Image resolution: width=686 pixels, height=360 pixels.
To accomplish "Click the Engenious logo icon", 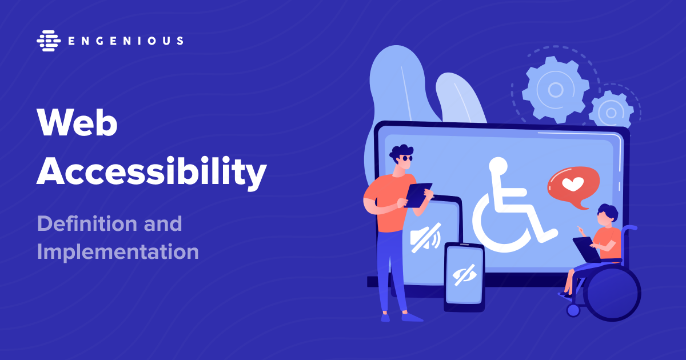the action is (x=49, y=41).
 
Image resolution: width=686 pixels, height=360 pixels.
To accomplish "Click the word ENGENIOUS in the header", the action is (x=126, y=41).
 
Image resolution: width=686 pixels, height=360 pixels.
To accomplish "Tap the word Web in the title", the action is (x=77, y=123).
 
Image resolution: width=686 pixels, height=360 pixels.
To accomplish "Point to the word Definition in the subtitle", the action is (x=87, y=223).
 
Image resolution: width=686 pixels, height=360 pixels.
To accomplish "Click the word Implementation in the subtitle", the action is (x=118, y=252).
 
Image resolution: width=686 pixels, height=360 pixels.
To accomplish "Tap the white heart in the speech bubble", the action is (x=573, y=184).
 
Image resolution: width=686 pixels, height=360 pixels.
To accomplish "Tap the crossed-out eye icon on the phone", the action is (x=464, y=275).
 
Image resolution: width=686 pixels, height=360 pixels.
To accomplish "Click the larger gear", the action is (x=555, y=90).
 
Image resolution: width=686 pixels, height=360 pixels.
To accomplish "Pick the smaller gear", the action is (x=611, y=113).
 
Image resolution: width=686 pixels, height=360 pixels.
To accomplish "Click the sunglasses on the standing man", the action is (x=407, y=158).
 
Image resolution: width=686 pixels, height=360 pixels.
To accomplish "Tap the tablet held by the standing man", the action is (x=418, y=195).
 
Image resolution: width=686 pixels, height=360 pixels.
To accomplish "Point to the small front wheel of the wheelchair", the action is (x=573, y=310).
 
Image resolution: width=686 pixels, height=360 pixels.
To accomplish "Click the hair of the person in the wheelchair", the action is (x=608, y=211).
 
